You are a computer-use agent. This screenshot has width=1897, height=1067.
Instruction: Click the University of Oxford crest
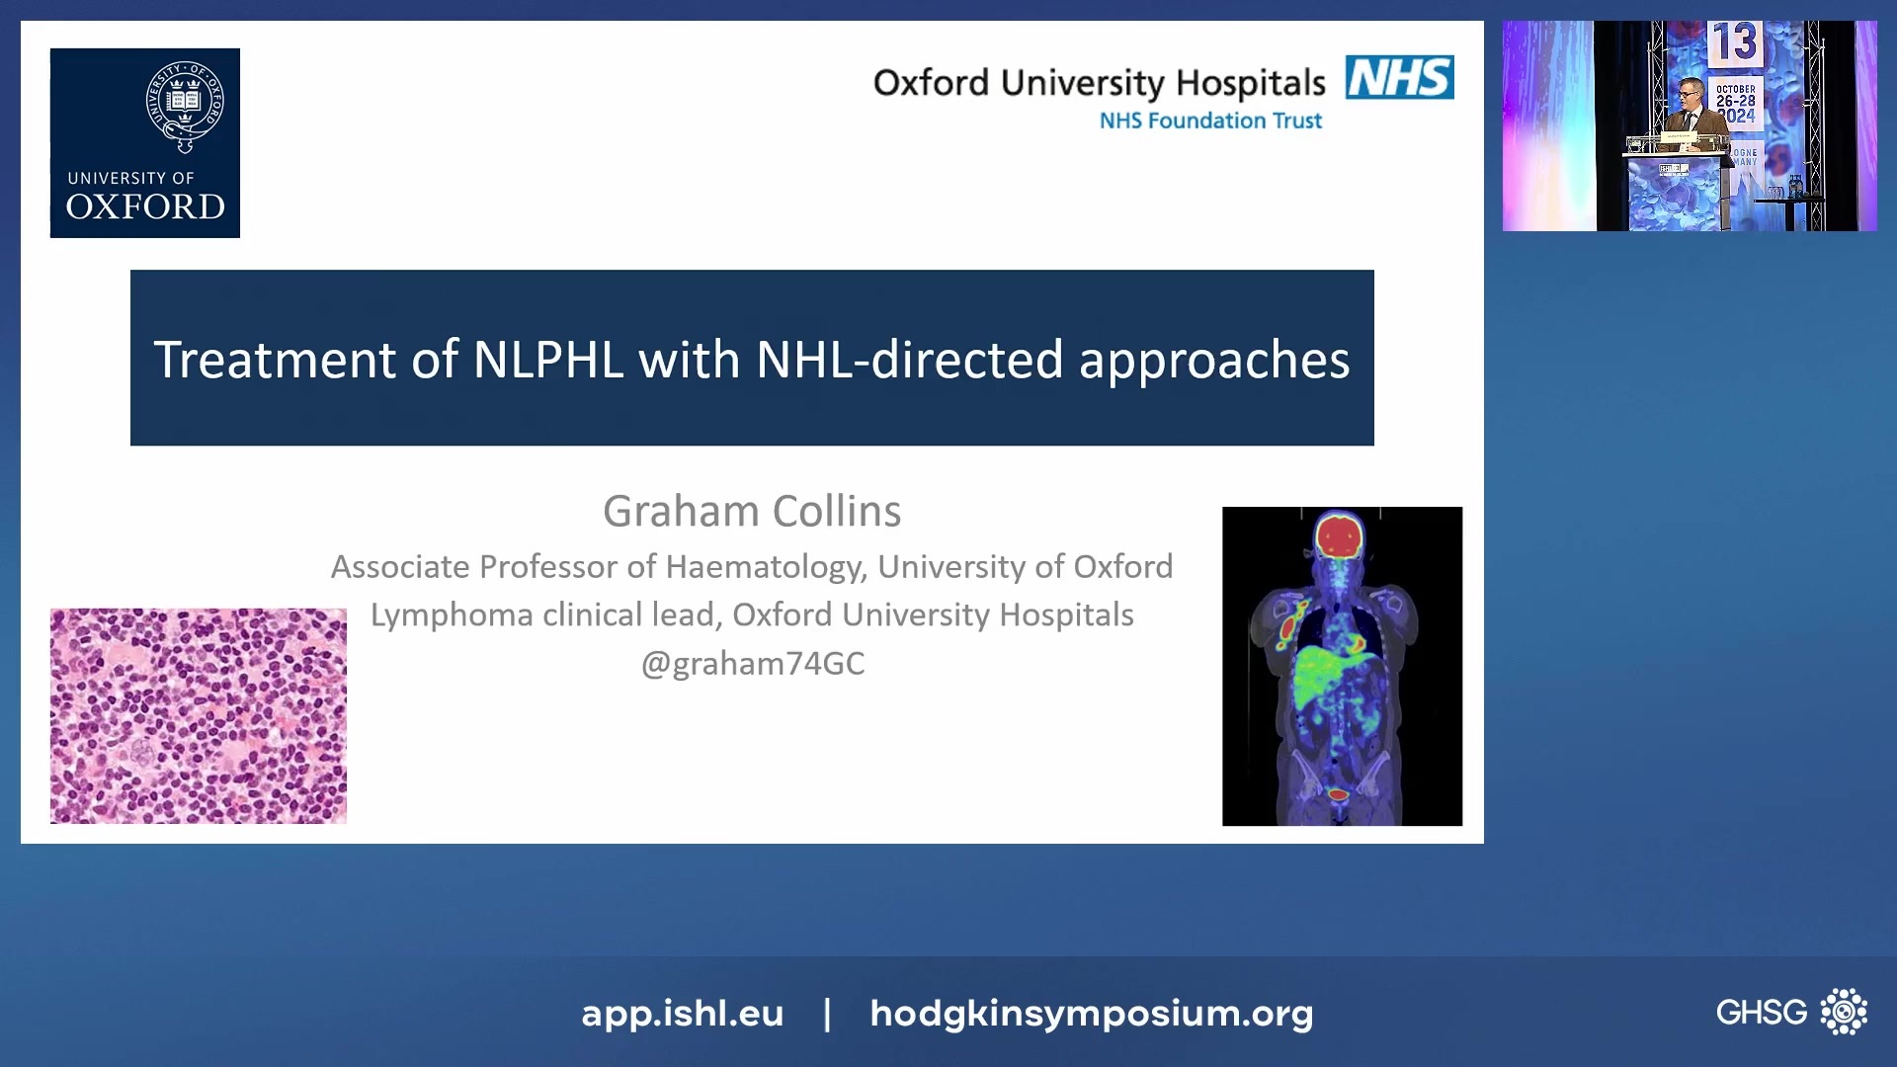click(185, 106)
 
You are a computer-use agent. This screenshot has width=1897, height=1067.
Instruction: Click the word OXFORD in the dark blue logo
click(145, 207)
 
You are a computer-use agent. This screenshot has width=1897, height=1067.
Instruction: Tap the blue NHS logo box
click(1399, 77)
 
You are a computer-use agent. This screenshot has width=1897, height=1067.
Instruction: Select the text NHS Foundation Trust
click(1210, 121)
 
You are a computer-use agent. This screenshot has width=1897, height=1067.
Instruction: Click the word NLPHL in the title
click(548, 360)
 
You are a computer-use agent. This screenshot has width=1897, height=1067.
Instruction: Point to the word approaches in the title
click(1213, 360)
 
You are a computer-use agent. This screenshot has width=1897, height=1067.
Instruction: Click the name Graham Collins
click(752, 512)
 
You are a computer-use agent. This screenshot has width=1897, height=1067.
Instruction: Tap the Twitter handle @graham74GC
click(752, 663)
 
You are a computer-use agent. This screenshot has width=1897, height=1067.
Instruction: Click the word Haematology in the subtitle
click(766, 567)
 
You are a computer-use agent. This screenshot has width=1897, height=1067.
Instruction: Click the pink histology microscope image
click(199, 716)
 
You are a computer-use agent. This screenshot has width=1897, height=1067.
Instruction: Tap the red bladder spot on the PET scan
click(1338, 794)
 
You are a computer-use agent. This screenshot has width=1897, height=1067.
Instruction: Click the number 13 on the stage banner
click(1735, 42)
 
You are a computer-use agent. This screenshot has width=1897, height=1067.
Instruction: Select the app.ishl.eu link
click(682, 1013)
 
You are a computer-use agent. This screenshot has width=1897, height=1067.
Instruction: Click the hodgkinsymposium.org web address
click(1091, 1013)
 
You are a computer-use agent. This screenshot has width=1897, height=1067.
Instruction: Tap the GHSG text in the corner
click(1761, 1012)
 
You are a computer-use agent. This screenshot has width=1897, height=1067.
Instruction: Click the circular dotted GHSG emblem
click(1844, 1012)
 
